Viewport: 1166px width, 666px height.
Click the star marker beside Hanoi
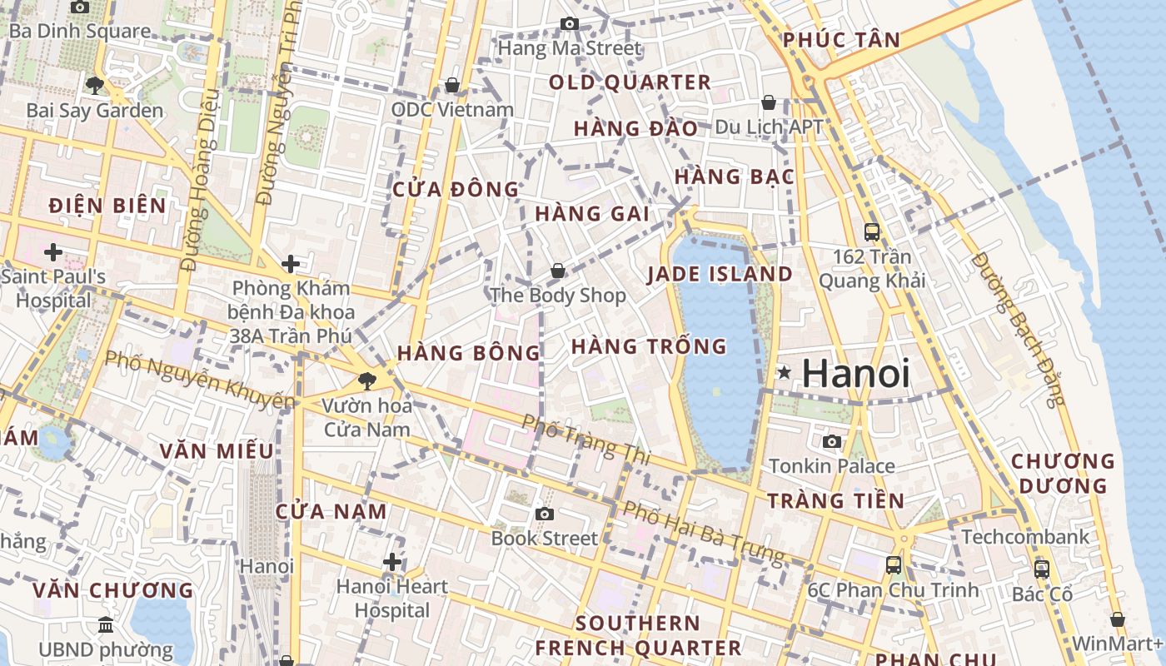click(783, 373)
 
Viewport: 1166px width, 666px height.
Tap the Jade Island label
click(720, 274)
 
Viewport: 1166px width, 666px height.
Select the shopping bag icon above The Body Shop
click(558, 271)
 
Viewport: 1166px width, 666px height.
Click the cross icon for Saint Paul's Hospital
click(53, 251)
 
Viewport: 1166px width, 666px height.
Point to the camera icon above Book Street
click(545, 514)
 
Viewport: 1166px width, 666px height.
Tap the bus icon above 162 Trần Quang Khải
click(872, 231)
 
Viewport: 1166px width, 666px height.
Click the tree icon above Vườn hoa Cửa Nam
click(366, 381)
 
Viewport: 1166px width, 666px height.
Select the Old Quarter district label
click(630, 82)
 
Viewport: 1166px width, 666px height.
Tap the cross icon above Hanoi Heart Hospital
click(392, 562)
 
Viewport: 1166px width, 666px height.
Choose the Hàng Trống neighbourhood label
click(649, 345)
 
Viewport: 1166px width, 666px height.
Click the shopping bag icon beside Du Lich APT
click(769, 102)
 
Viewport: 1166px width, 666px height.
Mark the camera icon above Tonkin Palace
click(831, 441)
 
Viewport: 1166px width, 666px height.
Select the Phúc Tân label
click(841, 39)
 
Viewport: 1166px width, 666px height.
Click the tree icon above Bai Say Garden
click(94, 85)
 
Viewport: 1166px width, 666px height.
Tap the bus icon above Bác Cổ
click(1041, 569)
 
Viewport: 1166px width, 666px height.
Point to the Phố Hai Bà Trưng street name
click(704, 531)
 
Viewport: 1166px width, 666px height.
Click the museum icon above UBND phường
click(106, 624)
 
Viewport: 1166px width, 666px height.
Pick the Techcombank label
click(1025, 537)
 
